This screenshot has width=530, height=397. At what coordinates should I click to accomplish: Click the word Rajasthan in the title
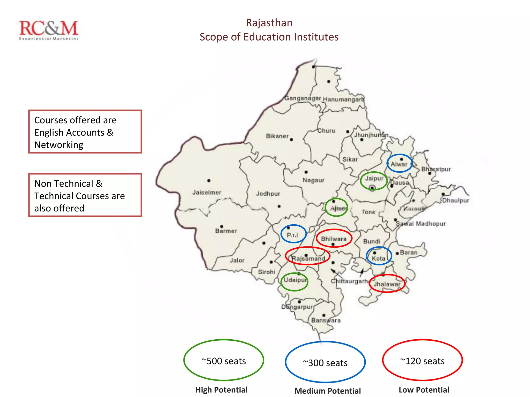[269, 23]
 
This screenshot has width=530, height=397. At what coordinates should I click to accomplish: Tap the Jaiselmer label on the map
[207, 192]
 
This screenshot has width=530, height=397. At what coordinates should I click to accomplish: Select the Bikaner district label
[277, 136]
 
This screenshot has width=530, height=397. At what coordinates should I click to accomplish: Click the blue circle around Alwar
[399, 163]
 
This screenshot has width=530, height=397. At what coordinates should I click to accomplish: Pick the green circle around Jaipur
[374, 181]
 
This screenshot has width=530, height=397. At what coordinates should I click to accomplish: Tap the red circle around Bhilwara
[334, 238]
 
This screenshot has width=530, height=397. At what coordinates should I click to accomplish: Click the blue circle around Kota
[379, 256]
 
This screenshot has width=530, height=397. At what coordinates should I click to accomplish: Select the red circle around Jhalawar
[387, 284]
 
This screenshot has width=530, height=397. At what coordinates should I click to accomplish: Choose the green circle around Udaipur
[295, 282]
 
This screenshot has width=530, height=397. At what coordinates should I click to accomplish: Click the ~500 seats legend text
[224, 361]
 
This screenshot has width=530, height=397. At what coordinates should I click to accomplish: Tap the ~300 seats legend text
[325, 363]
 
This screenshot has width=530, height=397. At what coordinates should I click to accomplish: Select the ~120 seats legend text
[422, 361]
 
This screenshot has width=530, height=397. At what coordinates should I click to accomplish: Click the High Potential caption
[221, 390]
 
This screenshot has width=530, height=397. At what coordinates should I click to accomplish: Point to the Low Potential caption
[424, 390]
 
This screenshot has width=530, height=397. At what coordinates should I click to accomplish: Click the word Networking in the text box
[59, 145]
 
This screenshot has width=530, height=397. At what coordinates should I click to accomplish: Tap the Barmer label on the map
[226, 231]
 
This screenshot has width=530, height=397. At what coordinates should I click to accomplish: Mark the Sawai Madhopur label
[421, 224]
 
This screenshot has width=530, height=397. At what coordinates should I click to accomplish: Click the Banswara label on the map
[326, 320]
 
